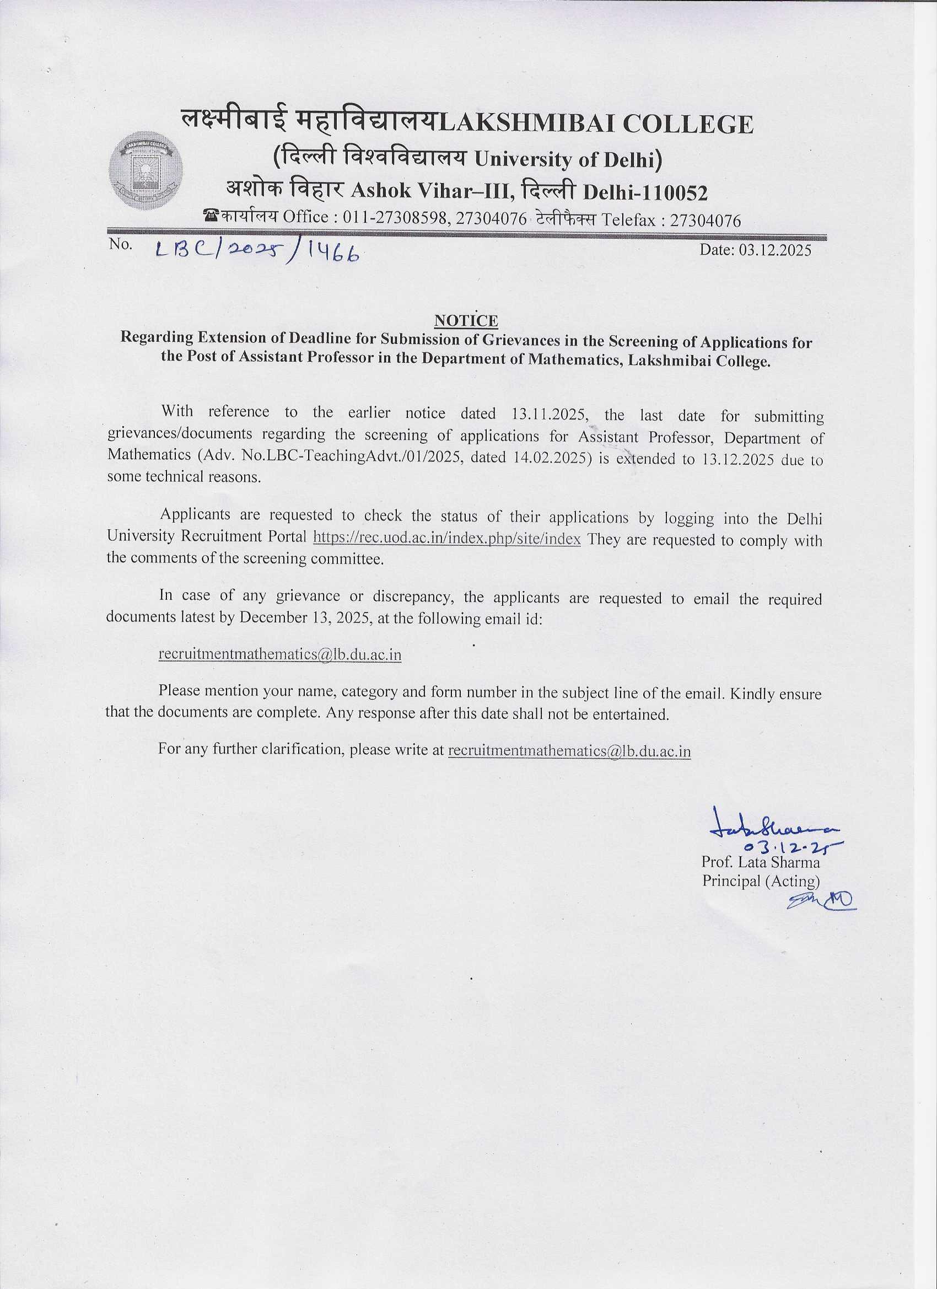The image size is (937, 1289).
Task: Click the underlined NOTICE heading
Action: [x=466, y=321]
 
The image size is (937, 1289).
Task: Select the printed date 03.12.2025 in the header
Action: [x=776, y=250]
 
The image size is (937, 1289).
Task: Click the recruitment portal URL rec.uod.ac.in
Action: [x=446, y=538]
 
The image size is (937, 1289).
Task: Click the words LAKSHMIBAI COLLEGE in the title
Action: [x=596, y=125]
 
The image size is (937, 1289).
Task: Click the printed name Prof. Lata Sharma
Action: [x=760, y=862]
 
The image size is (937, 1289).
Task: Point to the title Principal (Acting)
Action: [x=761, y=881]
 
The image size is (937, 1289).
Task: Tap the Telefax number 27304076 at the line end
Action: [x=705, y=220]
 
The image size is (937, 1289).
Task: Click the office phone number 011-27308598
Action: [x=397, y=218]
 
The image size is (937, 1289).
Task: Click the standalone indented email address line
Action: [x=279, y=655]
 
